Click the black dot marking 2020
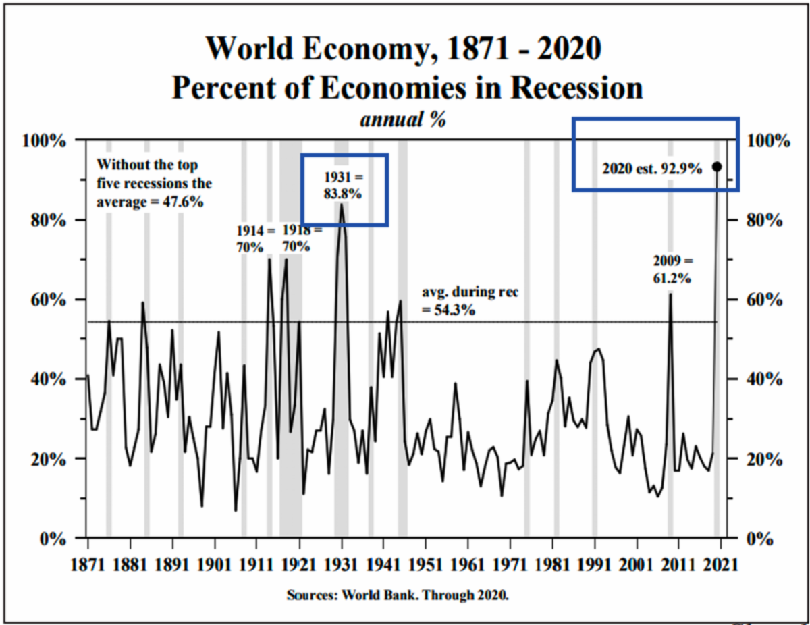click(717, 167)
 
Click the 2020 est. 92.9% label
click(652, 169)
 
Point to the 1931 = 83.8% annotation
click(343, 185)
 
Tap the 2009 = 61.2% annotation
click(672, 269)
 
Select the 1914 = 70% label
click(256, 239)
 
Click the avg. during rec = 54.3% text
click(470, 301)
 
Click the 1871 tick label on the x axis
click(88, 565)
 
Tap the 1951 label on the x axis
click(425, 565)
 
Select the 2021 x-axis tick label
click(720, 565)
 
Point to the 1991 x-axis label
click(594, 565)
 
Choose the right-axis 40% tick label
click(765, 379)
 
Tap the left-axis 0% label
click(53, 539)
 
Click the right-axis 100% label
click(768, 141)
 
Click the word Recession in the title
click(576, 88)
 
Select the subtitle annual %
click(403, 119)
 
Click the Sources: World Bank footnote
click(398, 595)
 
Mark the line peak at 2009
click(670, 294)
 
